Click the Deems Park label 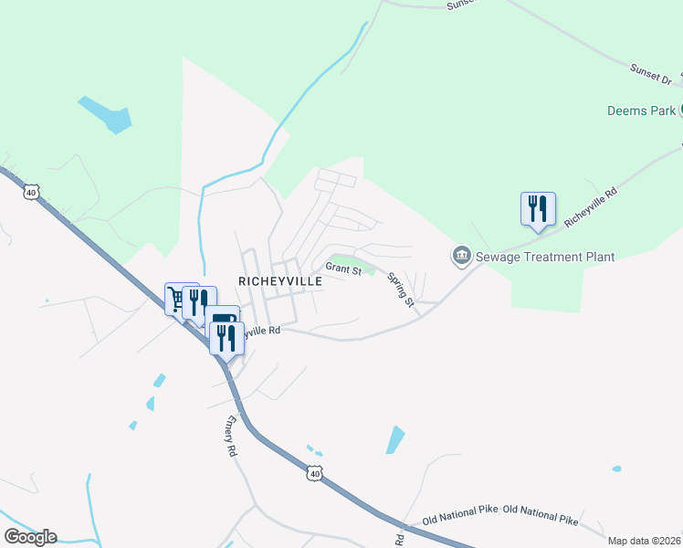[641, 111]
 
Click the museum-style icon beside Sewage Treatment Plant [462, 256]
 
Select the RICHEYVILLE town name [280, 282]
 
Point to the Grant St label [344, 270]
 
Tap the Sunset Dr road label [650, 74]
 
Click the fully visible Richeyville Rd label [591, 209]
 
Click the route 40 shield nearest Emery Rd [314, 474]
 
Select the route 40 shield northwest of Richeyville [32, 193]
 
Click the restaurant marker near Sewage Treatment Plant [538, 208]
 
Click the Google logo [30, 537]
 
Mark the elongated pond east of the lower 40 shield [395, 439]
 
